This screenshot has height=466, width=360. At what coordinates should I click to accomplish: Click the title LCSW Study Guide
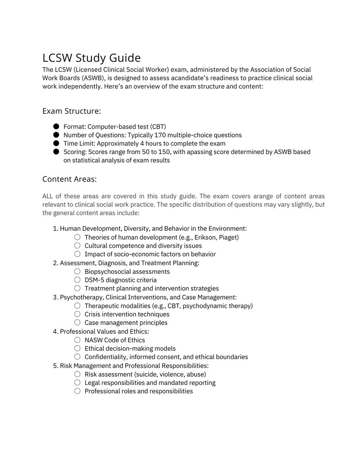(91, 58)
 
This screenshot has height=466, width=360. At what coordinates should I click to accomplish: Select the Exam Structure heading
(72, 111)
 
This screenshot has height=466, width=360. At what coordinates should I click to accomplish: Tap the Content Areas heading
(69, 179)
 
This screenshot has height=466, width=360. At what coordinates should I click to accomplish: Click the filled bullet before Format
(56, 126)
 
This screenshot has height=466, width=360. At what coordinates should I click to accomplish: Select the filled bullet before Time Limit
(56, 144)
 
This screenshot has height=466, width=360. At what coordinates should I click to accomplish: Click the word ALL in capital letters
(48, 196)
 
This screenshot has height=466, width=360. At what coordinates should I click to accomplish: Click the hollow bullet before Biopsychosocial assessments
(77, 272)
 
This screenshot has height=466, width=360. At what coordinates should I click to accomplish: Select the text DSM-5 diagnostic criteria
(121, 280)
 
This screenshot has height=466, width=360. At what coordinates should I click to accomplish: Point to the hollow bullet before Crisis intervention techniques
(77, 314)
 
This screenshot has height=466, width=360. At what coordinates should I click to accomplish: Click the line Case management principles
(126, 323)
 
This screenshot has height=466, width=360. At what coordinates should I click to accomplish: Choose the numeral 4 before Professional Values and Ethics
(55, 331)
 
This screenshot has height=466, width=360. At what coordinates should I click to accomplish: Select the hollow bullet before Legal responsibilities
(77, 383)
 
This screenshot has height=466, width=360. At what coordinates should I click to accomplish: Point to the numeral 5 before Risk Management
(55, 365)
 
